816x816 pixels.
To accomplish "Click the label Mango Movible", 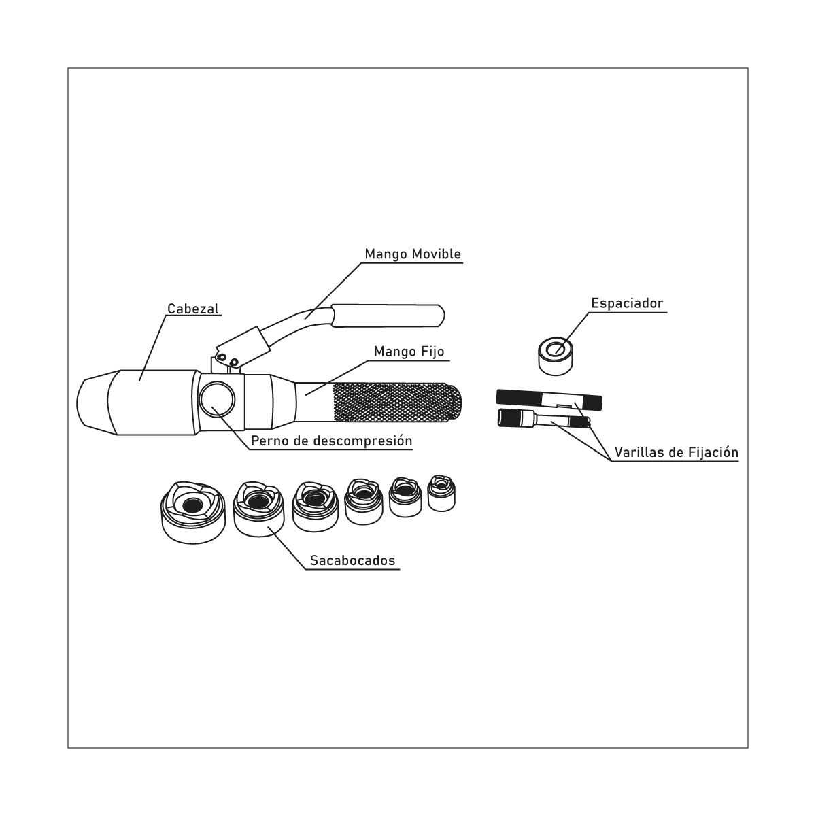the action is pos(413,254).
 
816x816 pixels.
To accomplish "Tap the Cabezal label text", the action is pos(193,309).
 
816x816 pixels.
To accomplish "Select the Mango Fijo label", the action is pos(409,352).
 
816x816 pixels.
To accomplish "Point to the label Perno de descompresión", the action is pos(332,441).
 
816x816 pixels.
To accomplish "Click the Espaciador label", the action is pos(627,303).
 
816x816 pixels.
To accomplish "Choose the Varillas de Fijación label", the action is pos(677,453).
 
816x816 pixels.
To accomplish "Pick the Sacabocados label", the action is pos(353,560).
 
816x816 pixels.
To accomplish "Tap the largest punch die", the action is pos(193,513).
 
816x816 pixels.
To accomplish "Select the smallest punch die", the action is pos(441,493).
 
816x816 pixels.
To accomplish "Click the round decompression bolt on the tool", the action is pos(217,399).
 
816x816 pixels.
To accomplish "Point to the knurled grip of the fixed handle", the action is pos(397,403).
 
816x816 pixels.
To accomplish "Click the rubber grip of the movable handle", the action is pos(388,316).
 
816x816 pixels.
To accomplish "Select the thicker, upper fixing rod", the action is pos(549,400).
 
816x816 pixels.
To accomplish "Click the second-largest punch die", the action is pos(258,509).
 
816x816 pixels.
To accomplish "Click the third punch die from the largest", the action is pos(315,507).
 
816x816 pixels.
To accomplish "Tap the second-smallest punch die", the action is pos(405,498).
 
